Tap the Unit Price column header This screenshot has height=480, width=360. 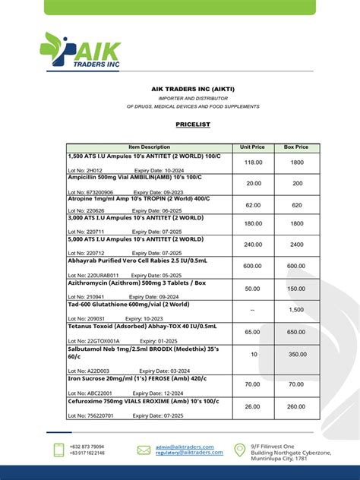pyautogui.click(x=253, y=147)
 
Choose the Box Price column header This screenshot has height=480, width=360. pyautogui.click(x=296, y=147)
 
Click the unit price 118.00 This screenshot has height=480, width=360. pyautogui.click(x=253, y=163)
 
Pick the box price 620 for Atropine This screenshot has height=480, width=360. pyautogui.click(x=297, y=205)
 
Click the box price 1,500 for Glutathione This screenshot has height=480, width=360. pyautogui.click(x=297, y=310)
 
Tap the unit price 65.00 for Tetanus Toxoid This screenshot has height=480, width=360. pyautogui.click(x=253, y=332)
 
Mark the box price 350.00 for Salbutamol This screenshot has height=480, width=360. pyautogui.click(x=297, y=354)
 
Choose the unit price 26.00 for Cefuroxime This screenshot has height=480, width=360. pyautogui.click(x=253, y=406)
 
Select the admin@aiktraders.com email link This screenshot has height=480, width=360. pyautogui.click(x=185, y=447)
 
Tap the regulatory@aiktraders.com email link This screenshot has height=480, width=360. pyautogui.click(x=189, y=453)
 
